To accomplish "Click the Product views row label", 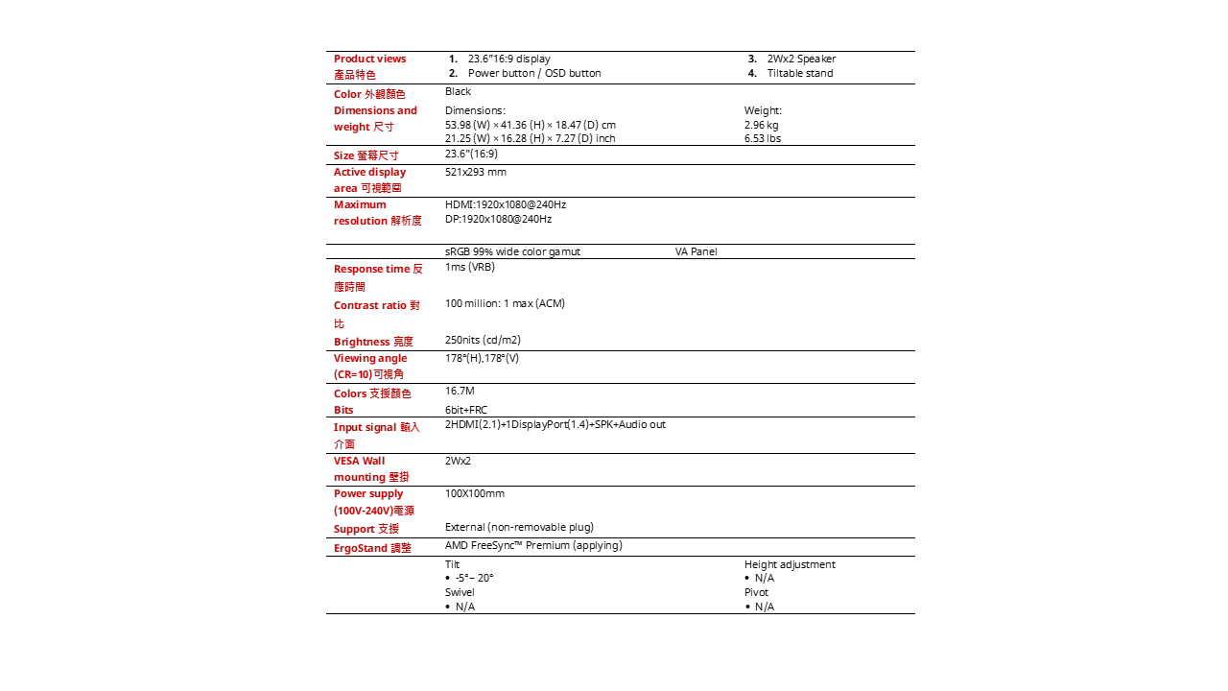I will [x=369, y=60].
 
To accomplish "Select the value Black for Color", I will [x=458, y=92].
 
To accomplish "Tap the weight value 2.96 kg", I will [x=761, y=125].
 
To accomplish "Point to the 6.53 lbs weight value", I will [x=762, y=138].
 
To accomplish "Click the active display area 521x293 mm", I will [x=475, y=173].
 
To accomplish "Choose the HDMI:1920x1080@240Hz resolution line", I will [x=505, y=205].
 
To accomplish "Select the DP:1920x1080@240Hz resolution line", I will [x=498, y=219].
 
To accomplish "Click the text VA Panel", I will [x=696, y=252].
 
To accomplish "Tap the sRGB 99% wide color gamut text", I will [x=512, y=252].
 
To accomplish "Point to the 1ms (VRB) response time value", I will [x=469, y=268].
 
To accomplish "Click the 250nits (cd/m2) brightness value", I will [x=483, y=340].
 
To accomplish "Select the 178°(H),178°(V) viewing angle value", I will [x=482, y=359].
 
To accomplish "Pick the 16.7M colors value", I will [x=460, y=392].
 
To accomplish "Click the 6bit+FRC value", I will [x=465, y=410].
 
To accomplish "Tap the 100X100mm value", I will [x=474, y=494].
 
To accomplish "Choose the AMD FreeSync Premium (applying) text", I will [x=533, y=546].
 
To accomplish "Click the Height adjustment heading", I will [x=790, y=564].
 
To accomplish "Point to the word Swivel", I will [x=460, y=592].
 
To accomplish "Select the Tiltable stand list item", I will [x=799, y=74].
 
